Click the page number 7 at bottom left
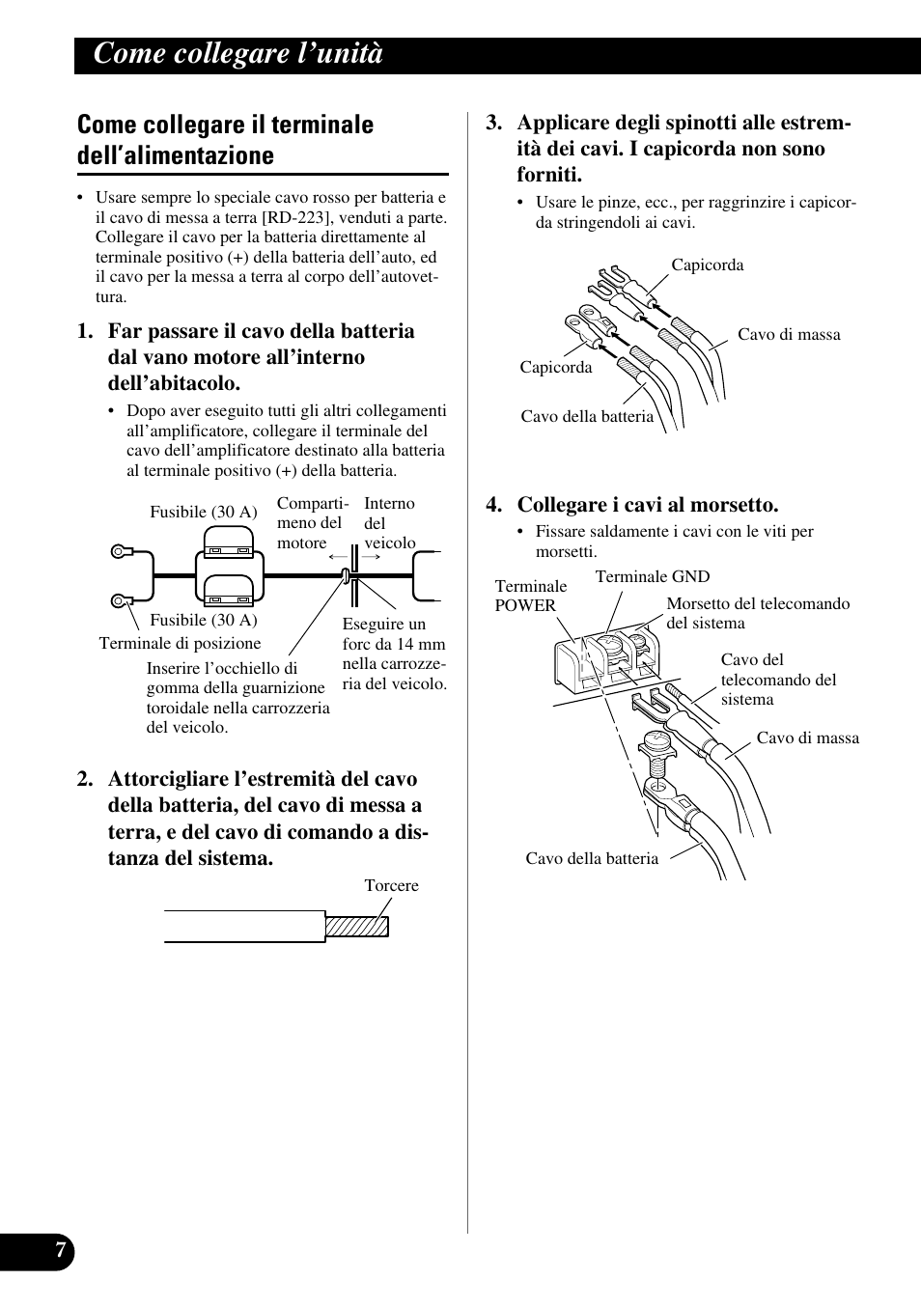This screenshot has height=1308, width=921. [x=60, y=1251]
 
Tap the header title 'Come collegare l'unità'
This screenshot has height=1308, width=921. [x=238, y=54]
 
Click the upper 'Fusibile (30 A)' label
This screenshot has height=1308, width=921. [x=203, y=513]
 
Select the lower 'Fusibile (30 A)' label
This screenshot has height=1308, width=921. [x=203, y=621]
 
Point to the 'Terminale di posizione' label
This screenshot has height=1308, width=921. [x=180, y=644]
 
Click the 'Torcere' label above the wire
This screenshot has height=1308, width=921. [x=391, y=886]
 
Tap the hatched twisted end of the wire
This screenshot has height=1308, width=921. [x=356, y=927]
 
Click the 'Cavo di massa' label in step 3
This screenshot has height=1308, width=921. [x=789, y=335]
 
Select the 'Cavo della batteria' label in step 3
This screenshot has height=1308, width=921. [x=587, y=417]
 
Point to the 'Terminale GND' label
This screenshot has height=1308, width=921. [x=652, y=577]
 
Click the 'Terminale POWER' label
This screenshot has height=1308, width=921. [x=530, y=596]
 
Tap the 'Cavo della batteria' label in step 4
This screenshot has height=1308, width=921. [x=592, y=859]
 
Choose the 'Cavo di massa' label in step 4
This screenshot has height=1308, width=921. [x=807, y=738]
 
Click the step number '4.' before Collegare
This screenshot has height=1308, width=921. [x=494, y=505]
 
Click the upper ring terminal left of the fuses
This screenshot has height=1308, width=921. [x=120, y=552]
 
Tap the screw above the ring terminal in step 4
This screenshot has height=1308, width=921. [x=656, y=749]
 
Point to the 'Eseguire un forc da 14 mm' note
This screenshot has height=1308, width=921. [x=394, y=654]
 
